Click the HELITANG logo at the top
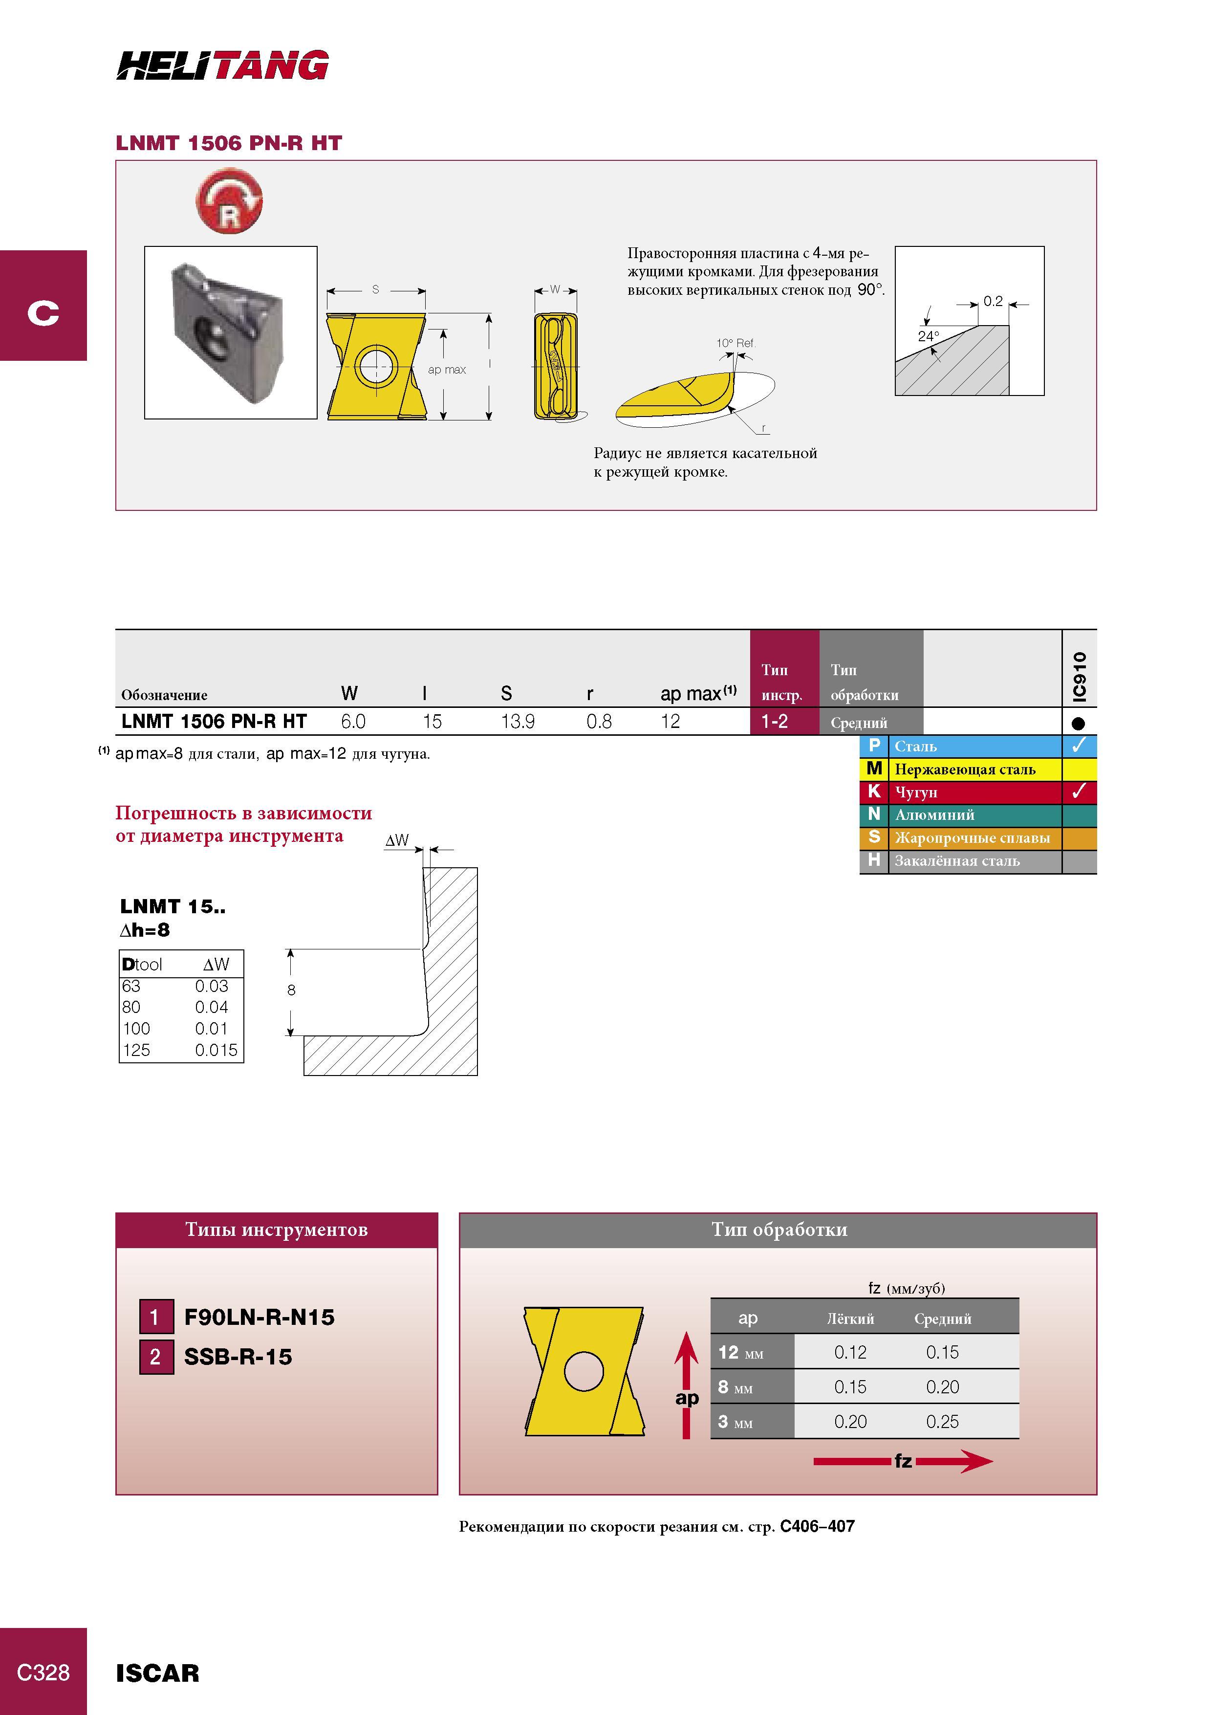(x=222, y=65)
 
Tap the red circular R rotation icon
(x=229, y=200)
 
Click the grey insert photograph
(x=230, y=332)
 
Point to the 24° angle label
(x=928, y=336)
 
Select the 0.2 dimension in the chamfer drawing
(x=993, y=301)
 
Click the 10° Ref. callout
(x=736, y=343)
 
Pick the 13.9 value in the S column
(x=518, y=722)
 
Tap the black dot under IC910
(x=1078, y=723)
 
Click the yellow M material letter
(x=874, y=769)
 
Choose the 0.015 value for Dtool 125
(x=216, y=1050)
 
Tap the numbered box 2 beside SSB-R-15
(x=156, y=1357)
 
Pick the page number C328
(x=43, y=1672)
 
